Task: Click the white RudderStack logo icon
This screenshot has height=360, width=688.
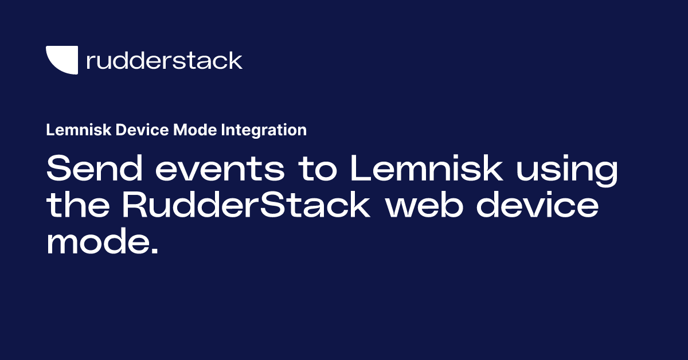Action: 62,60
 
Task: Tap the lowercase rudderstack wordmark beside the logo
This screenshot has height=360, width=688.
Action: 164,60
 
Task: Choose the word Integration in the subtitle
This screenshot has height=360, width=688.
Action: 263,130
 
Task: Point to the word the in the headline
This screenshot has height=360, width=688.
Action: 79,206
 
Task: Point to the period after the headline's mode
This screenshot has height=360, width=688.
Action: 153,251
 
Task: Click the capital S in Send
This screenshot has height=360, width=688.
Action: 60,170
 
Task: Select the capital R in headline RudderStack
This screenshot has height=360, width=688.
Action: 137,206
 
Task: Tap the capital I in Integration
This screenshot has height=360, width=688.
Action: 222,130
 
